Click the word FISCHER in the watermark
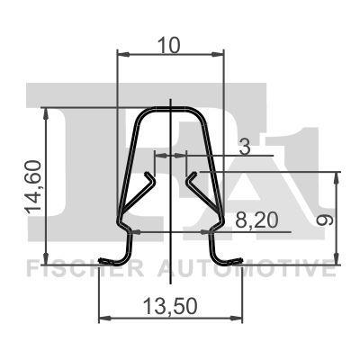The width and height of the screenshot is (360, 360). (x=77, y=268)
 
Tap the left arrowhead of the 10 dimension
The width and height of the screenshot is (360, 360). (x=124, y=55)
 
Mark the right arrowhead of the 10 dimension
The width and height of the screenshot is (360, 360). (x=218, y=55)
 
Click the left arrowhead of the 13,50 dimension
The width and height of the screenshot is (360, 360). (x=103, y=319)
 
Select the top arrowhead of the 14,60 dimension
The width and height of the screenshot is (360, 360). (x=45, y=112)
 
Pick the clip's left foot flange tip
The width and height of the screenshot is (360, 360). (x=102, y=263)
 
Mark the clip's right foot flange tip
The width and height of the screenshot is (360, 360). (x=240, y=263)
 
